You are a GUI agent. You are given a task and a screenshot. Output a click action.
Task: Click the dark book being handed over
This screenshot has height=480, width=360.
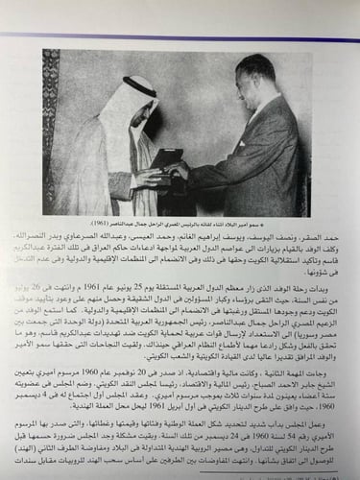(x=188, y=176)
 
